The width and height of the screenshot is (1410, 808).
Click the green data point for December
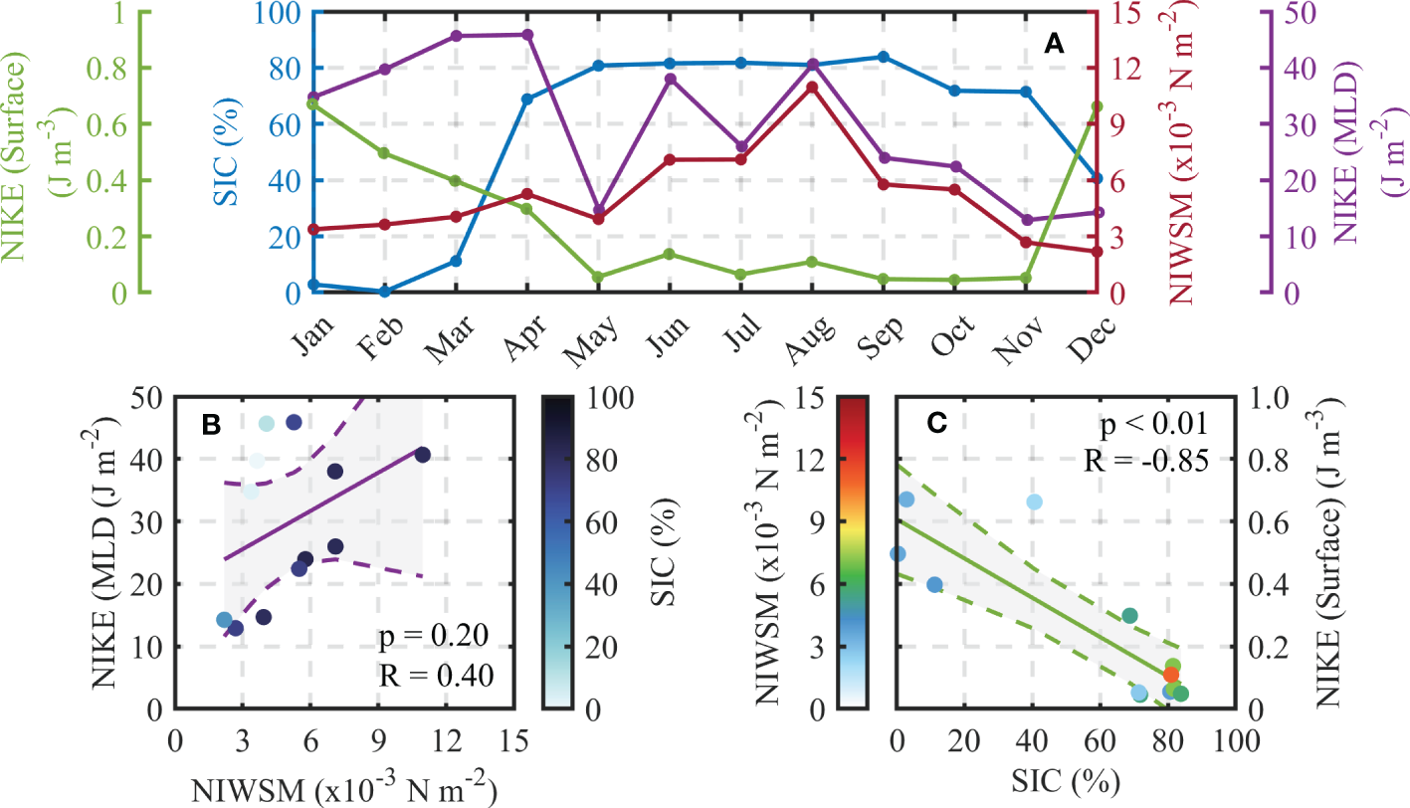(1097, 106)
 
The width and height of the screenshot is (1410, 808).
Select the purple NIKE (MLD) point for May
(598, 210)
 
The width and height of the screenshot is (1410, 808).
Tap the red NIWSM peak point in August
(812, 88)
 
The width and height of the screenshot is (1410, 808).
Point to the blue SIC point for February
(384, 292)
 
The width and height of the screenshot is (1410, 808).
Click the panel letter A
(1054, 43)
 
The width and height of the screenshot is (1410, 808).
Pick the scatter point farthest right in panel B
(422, 455)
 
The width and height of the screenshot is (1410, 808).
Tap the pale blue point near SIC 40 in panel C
(1034, 502)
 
